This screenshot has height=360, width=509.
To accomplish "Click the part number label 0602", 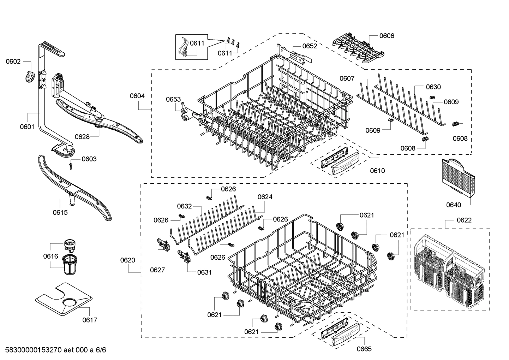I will pyautogui.click(x=13, y=61).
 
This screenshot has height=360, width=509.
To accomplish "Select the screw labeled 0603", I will pyautogui.click(x=71, y=165).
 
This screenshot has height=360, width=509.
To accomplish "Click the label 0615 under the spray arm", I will pyautogui.click(x=60, y=212).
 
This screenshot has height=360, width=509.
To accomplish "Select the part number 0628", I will pyautogui.click(x=82, y=137).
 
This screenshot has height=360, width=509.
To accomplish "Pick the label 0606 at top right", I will pyautogui.click(x=387, y=36).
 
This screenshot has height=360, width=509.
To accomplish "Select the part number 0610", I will pyautogui.click(x=377, y=171).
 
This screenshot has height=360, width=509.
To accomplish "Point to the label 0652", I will pyautogui.click(x=310, y=46).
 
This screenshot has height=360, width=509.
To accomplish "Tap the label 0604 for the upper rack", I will pyautogui.click(x=137, y=96).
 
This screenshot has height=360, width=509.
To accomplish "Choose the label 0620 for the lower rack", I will pyautogui.click(x=127, y=260).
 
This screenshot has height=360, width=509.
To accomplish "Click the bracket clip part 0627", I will pyautogui.click(x=162, y=244).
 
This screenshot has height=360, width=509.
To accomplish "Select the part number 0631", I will pyautogui.click(x=204, y=272).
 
